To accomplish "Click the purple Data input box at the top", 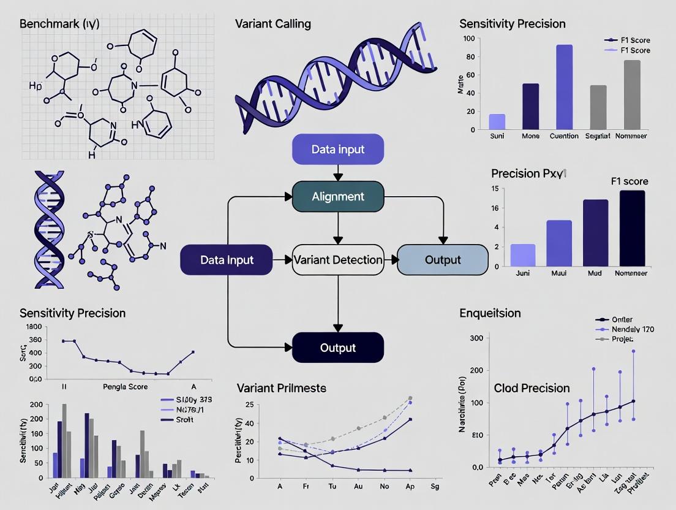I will (338, 150).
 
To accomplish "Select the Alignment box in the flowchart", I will (338, 197).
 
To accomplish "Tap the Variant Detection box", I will (338, 260).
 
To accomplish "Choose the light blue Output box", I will (443, 260).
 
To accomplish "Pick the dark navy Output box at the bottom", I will (338, 348).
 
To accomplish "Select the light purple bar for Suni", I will (497, 122).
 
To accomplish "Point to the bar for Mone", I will (530, 107).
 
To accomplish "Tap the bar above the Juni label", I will (522, 255).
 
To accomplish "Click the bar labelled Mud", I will (595, 233).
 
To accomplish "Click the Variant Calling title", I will (272, 24).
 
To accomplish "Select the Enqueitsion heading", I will (490, 313).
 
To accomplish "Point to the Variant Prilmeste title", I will (281, 388).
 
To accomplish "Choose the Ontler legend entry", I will (622, 319).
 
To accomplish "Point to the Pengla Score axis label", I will (124, 387).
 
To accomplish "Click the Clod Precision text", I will (531, 388).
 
